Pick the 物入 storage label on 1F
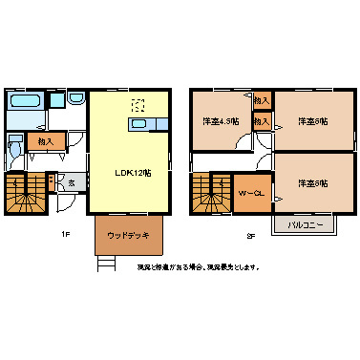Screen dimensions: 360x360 (x=44, y=141)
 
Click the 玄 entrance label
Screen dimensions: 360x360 (x=72, y=182)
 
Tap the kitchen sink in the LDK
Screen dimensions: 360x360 (x=140, y=124)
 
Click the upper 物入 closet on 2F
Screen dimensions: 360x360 (x=262, y=100)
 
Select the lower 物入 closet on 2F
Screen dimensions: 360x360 (x=262, y=121)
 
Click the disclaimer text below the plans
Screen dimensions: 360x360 (x=197, y=267)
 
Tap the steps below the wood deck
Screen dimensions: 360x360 (x=107, y=264)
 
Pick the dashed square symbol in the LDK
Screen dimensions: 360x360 (x=138, y=106)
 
